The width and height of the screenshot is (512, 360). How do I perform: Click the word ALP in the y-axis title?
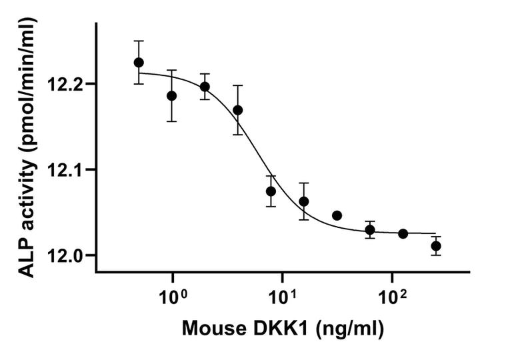pos(25,257)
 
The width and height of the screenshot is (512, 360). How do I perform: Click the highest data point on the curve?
pos(139,62)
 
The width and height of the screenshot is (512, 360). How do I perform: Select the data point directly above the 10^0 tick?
pos(172,95)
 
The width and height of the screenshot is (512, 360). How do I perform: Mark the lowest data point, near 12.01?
pos(436,246)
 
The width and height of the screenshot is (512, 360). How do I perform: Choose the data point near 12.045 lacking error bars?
pos(337,215)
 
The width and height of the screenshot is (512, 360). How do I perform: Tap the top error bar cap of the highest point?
pos(139,41)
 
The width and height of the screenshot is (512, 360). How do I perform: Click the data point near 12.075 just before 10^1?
pos(271,191)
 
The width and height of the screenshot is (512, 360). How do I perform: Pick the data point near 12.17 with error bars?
pos(238,110)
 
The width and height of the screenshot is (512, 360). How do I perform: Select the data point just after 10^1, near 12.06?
pos(304,201)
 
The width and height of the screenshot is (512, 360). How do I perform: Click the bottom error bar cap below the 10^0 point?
pos(172,121)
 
